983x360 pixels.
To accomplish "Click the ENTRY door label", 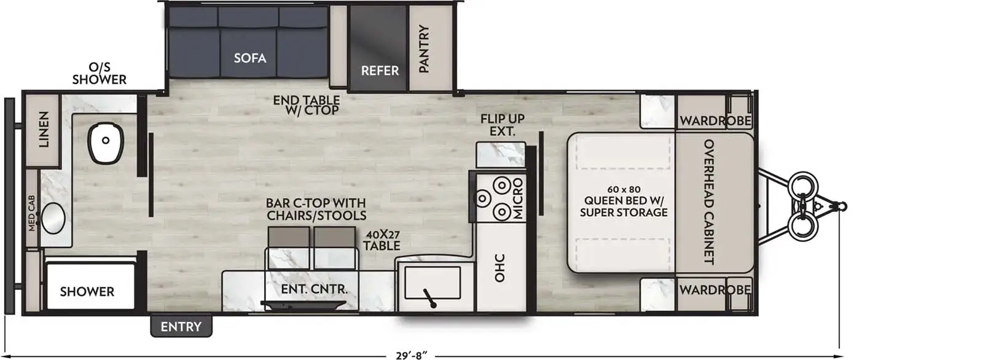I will (x=181, y=327).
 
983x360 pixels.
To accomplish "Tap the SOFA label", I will (x=250, y=58).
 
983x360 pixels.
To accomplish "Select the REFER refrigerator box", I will (x=379, y=49).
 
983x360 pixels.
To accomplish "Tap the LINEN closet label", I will (x=44, y=130).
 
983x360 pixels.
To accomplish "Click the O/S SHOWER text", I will (x=100, y=73).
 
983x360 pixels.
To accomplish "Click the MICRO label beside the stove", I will (x=518, y=199).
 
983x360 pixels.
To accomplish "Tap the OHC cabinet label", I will (x=500, y=268).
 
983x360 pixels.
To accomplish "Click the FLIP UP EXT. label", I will (x=503, y=125).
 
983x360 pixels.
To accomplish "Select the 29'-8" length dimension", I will (x=411, y=355).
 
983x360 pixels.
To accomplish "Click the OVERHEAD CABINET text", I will (x=708, y=202).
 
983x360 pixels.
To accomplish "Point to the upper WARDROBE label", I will (x=715, y=120).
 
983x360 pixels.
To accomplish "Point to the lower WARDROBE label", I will (x=715, y=289).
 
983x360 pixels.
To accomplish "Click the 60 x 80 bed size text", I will (x=623, y=189).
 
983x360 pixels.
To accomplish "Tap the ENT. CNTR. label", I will (x=315, y=289).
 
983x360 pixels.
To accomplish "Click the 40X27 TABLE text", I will (x=382, y=240).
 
